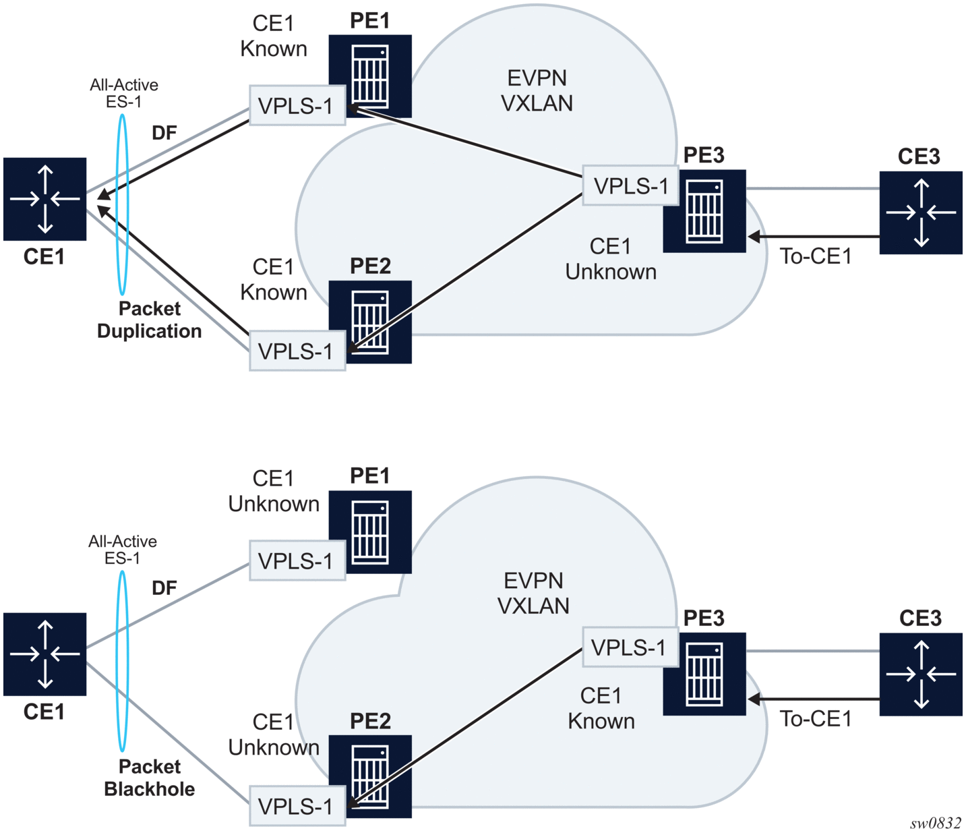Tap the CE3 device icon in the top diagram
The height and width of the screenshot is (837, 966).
click(921, 212)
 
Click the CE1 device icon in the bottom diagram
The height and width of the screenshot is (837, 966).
click(45, 654)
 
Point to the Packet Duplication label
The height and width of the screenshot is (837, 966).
click(150, 320)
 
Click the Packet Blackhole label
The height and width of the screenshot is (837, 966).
click(150, 778)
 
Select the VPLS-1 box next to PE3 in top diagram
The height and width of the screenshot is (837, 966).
click(630, 185)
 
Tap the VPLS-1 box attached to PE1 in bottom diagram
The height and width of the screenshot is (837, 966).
click(297, 560)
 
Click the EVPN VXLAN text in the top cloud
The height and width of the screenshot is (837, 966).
click(537, 90)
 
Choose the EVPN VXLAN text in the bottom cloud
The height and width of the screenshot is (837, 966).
click(533, 593)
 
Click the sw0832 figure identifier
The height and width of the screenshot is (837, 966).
click(936, 823)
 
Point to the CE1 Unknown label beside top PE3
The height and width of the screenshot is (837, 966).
click(611, 259)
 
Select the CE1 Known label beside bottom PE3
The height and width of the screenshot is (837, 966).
click(601, 708)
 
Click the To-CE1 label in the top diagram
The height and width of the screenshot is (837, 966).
click(816, 256)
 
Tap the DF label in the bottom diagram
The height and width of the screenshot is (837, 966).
click(164, 588)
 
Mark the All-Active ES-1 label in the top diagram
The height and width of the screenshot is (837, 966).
click(124, 93)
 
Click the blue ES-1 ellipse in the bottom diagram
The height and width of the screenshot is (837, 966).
click(123, 661)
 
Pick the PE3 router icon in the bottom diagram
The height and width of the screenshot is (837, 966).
click(704, 673)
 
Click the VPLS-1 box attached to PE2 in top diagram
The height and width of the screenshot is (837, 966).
click(297, 351)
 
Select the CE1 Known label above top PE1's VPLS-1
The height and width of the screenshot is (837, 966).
click(274, 36)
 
